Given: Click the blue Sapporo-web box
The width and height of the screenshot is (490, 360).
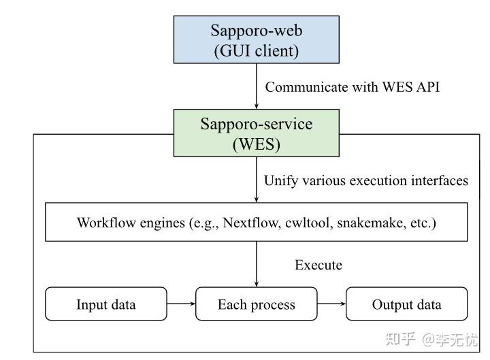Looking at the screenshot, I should (x=256, y=40).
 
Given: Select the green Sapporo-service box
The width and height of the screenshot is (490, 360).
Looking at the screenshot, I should (x=256, y=134).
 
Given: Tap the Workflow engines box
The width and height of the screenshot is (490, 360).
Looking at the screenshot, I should (x=256, y=222).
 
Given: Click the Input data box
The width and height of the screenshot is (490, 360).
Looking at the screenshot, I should (x=105, y=304).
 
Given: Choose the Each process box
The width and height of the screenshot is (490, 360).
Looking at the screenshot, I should (x=256, y=304).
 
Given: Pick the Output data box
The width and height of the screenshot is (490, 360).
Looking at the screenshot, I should (x=406, y=304).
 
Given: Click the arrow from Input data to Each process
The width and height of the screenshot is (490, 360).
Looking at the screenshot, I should (x=181, y=304).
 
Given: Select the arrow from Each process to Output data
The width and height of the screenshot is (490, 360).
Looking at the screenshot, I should (x=331, y=304).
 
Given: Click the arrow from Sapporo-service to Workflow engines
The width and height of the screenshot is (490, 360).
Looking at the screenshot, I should (x=257, y=180).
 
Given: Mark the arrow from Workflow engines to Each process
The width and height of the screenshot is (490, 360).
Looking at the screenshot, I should (x=257, y=264).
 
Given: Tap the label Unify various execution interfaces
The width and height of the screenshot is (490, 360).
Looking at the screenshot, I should (x=365, y=180).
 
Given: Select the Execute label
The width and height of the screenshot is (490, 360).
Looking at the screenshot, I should (x=318, y=265).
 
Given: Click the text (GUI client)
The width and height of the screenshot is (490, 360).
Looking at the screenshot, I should (x=256, y=50).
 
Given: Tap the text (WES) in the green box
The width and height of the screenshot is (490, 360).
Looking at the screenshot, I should (x=256, y=144).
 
